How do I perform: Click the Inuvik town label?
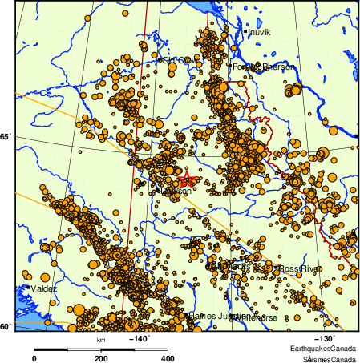260,33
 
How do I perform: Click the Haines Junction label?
216,317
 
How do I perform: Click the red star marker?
184,180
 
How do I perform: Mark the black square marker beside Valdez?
28,286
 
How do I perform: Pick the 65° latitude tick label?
5,137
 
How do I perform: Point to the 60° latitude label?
5,326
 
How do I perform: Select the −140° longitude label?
140,339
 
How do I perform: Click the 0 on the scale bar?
34,358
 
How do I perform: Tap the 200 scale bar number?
101,358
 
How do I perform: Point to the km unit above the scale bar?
101,340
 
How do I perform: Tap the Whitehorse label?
256,317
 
